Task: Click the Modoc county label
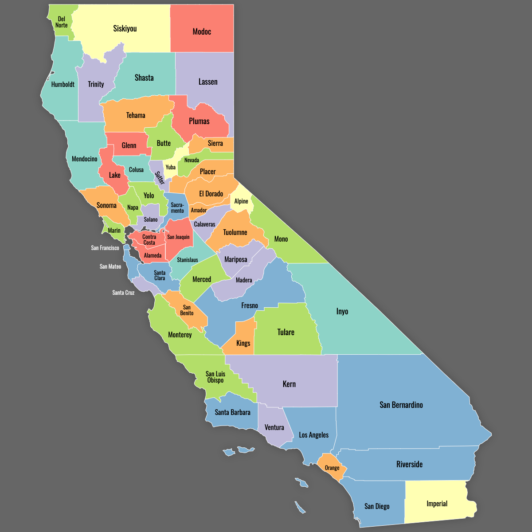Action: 202,31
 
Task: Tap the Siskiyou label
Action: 125,29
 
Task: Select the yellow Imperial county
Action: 437,504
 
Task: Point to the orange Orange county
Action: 332,468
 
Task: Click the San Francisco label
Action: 105,248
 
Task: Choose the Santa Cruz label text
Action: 123,293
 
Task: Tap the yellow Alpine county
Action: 241,201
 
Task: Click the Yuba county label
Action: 171,167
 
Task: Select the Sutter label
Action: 160,178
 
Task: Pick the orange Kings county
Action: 243,343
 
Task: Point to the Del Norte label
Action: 62,22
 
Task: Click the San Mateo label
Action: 110,266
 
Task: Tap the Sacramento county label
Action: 177,208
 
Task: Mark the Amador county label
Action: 199,210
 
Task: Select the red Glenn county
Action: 129,145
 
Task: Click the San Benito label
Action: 187,310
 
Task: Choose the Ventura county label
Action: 274,427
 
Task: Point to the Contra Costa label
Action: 149,240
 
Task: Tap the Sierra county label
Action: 215,143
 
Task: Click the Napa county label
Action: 133,207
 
